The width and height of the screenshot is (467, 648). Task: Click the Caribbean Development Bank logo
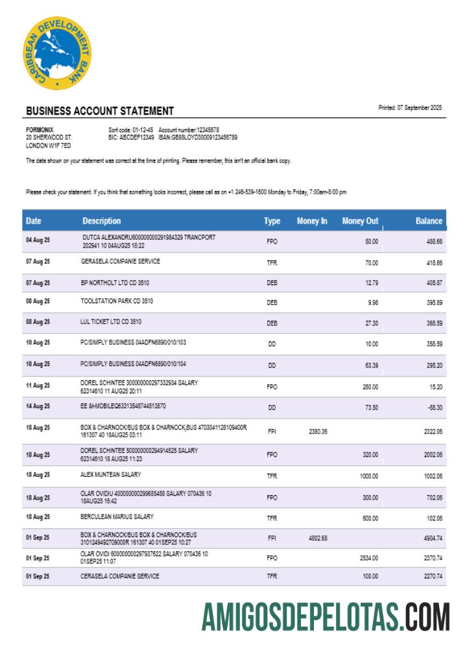click(57, 53)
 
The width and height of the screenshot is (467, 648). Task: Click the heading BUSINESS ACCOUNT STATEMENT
click(99, 111)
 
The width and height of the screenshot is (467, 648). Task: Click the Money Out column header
click(360, 221)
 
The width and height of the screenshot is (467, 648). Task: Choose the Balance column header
click(429, 221)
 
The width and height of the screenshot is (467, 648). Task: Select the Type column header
click(272, 221)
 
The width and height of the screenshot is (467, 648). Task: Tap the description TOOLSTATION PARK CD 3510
click(117, 301)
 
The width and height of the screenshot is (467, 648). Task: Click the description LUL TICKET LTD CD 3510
click(111, 321)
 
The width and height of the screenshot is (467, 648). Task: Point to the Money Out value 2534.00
click(368, 557)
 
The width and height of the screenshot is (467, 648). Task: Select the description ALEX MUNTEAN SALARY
click(111, 474)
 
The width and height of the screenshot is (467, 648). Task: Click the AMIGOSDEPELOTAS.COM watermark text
click(326, 617)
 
